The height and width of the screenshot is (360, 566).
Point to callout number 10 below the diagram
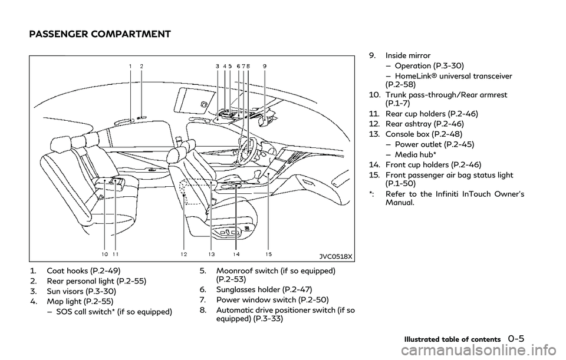point(104,255)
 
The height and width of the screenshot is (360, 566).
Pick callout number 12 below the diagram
point(184,255)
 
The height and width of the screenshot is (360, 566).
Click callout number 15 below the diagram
point(268,255)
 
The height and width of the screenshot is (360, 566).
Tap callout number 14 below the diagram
point(236,255)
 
